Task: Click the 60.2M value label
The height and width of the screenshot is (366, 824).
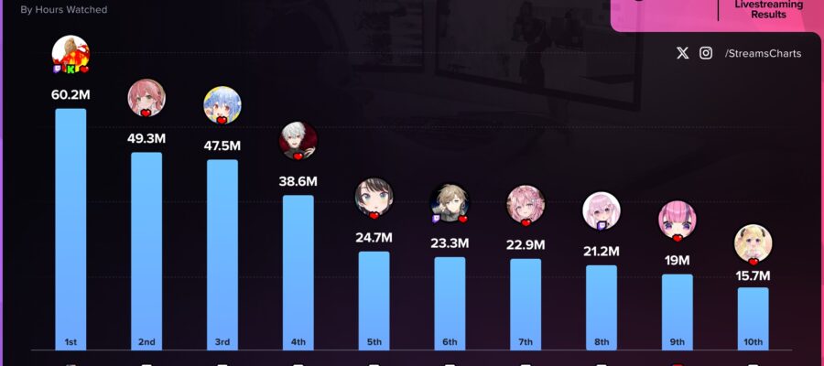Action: point(70,94)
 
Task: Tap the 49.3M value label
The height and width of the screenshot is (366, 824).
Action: point(146,138)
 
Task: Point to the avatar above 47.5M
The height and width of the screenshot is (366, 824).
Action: point(222,105)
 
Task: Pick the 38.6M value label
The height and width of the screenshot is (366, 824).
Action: point(298,181)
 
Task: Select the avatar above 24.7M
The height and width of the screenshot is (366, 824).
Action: point(374,197)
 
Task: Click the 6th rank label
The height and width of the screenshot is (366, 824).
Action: point(450,342)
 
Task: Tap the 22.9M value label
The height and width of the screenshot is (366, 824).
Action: point(526,244)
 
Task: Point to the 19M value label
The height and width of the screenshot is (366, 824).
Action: point(678,260)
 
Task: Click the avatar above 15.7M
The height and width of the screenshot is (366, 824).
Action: point(754,243)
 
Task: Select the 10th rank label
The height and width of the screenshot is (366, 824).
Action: point(754,342)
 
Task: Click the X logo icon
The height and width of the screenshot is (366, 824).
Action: point(682,53)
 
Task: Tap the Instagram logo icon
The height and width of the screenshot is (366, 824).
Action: point(706,53)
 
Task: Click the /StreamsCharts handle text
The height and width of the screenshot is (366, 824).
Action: point(763,53)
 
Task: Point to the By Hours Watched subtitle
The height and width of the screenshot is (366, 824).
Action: point(63,10)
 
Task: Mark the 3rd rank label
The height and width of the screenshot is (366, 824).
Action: point(222,342)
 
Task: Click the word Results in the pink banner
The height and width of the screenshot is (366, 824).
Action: point(769,16)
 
